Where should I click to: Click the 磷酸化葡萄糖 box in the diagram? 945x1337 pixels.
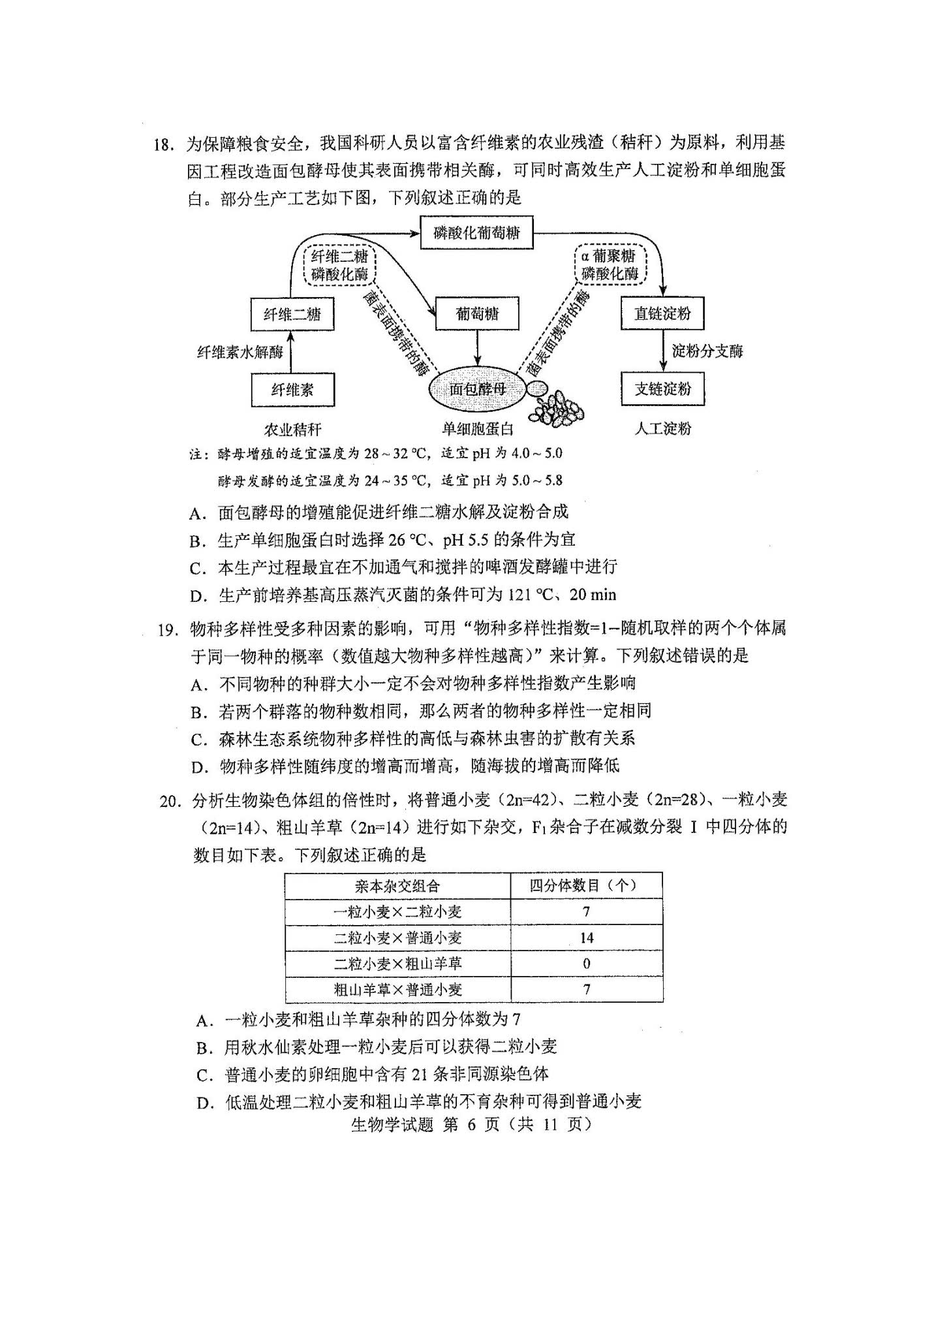pos(476,233)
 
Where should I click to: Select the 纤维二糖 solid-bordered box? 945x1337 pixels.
pos(292,315)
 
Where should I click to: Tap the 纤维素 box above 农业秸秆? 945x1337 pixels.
pos(292,390)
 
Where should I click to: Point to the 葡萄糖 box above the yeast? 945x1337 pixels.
pos(477,314)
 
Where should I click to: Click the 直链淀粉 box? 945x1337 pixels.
pos(662,314)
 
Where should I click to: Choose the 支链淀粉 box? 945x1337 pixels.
pos(662,390)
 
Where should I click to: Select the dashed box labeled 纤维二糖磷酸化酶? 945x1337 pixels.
pos(339,265)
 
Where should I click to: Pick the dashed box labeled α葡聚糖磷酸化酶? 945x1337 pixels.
pos(610,265)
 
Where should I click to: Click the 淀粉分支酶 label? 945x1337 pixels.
pos(707,351)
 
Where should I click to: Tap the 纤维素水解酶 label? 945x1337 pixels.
pos(240,353)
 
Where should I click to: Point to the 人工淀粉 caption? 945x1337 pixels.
pos(662,429)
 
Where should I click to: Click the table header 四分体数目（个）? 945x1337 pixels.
pos(585,886)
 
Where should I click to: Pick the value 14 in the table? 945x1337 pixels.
pos(586,938)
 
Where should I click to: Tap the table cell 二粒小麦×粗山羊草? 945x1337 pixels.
pos(397,964)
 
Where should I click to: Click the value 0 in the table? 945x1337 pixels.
pos(586,964)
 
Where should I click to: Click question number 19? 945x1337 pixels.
pos(167,629)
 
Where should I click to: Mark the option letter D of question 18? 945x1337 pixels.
pos(198,595)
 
